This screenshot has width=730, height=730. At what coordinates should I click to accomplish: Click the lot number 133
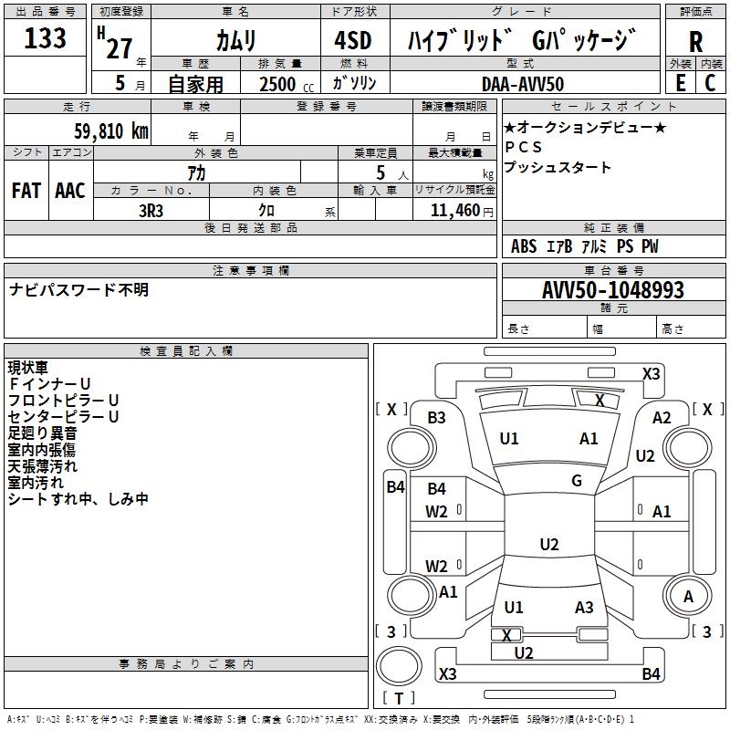point(45,39)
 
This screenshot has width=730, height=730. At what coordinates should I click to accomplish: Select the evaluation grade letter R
point(695,42)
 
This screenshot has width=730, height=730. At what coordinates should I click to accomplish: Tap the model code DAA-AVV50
point(523,83)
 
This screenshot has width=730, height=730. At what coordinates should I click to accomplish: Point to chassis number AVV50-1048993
point(613,290)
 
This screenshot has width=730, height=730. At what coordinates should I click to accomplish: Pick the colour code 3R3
point(151,209)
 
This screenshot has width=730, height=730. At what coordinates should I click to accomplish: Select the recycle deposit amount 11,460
point(454,210)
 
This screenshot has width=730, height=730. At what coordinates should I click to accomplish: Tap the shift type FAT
point(26,190)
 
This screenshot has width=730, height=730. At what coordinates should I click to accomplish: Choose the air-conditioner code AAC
point(69,190)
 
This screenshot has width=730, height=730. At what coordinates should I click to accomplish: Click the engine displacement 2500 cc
point(284,84)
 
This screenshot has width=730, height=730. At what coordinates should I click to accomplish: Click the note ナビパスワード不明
point(78,290)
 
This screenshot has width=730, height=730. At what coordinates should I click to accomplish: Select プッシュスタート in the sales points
point(558,168)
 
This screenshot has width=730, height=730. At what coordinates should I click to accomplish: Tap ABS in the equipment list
point(524,246)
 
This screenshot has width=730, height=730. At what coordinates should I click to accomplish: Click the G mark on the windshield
point(577,481)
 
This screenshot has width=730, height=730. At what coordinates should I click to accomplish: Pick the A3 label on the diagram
point(584,608)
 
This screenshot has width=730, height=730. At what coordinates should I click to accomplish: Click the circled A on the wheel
point(689,597)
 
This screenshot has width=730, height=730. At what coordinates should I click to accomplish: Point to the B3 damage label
point(437,418)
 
